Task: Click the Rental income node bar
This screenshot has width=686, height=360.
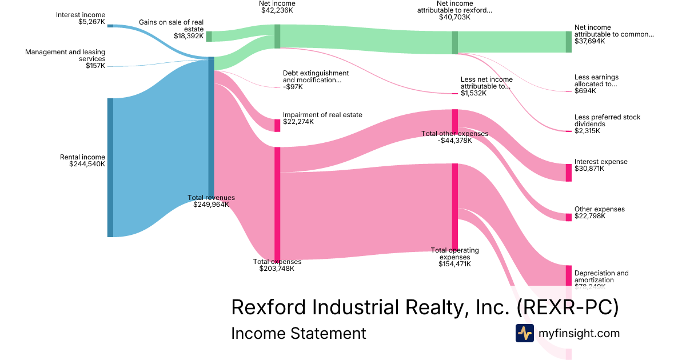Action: click(x=110, y=167)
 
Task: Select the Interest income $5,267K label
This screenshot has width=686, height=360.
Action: click(x=81, y=18)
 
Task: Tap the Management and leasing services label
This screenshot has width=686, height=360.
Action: click(x=65, y=59)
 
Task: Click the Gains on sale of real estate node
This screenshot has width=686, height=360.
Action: click(x=209, y=36)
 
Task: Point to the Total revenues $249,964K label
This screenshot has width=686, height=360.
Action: click(x=211, y=201)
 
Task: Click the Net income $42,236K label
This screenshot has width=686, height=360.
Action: click(x=277, y=7)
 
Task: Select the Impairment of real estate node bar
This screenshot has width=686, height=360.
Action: click(x=277, y=125)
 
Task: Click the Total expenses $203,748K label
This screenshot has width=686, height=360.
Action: click(x=277, y=265)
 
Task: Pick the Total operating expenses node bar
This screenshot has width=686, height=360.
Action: click(x=455, y=206)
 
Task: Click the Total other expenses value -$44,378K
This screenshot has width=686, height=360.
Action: click(x=455, y=141)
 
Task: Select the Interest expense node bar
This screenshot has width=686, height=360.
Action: click(x=568, y=173)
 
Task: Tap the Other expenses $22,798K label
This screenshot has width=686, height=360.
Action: click(x=600, y=213)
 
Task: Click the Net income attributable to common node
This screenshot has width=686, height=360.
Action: click(x=568, y=42)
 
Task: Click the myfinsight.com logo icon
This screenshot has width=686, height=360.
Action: click(x=524, y=333)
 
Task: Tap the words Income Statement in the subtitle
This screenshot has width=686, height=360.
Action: click(x=298, y=333)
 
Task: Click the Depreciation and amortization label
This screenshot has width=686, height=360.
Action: click(x=601, y=277)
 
